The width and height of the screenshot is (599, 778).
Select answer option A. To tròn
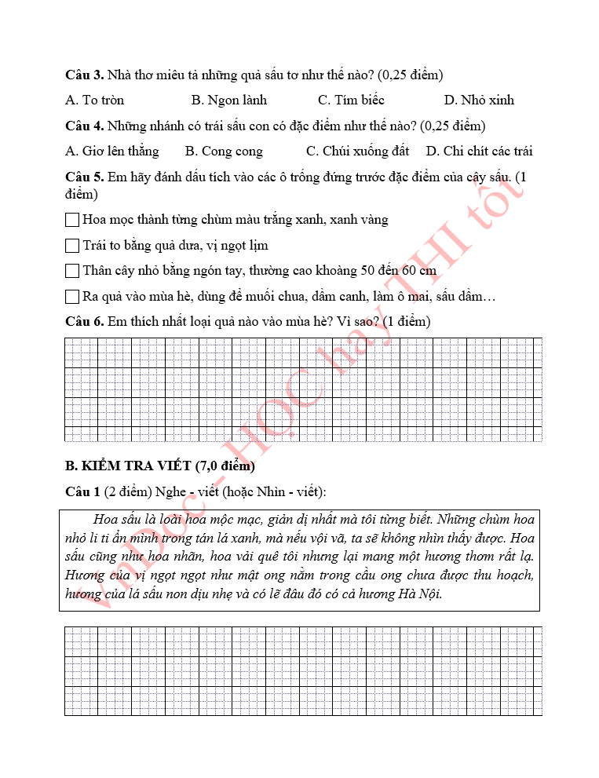94,100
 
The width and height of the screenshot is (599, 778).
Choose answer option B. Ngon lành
229,100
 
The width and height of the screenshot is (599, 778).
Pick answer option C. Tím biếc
351,100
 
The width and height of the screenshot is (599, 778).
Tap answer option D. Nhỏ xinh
479,100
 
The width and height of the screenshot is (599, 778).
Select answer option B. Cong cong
224,152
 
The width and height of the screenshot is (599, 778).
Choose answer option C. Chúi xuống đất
357,152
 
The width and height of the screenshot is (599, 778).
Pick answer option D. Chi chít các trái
480,152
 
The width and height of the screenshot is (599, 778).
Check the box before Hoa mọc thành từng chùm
72,220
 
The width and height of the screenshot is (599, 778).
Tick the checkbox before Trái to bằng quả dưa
72,246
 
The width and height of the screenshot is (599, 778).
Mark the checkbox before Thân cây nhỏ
72,271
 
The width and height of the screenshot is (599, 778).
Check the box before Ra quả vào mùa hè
72,297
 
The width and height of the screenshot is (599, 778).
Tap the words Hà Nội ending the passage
421,594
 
